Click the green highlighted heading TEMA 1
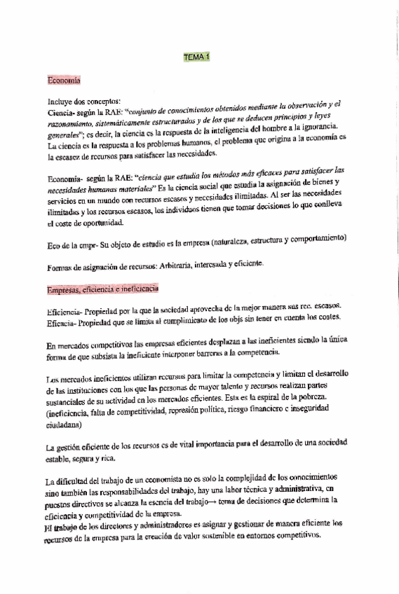[x=196, y=57]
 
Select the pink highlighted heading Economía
[x=64, y=81]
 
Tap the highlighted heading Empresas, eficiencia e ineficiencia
[x=103, y=289]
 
